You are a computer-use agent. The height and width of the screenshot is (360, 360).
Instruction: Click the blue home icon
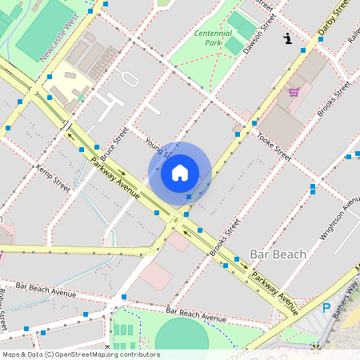[180, 173]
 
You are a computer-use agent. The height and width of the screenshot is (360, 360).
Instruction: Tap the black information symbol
[287, 38]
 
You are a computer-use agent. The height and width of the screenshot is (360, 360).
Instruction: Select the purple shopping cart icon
[294, 91]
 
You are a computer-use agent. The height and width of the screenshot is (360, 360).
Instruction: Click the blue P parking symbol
[326, 308]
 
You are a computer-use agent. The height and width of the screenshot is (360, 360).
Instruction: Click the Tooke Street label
[274, 146]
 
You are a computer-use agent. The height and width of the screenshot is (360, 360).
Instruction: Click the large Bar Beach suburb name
[278, 254]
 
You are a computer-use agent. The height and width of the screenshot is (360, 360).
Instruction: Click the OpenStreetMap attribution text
[81, 354]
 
